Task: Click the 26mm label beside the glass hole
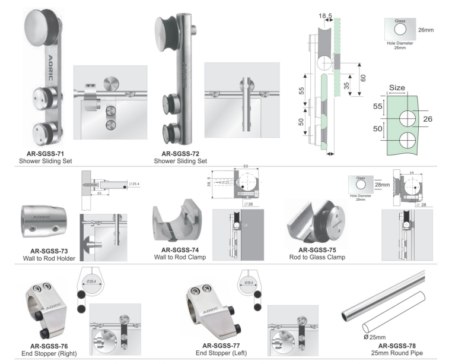pyautogui.click(x=426, y=28)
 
